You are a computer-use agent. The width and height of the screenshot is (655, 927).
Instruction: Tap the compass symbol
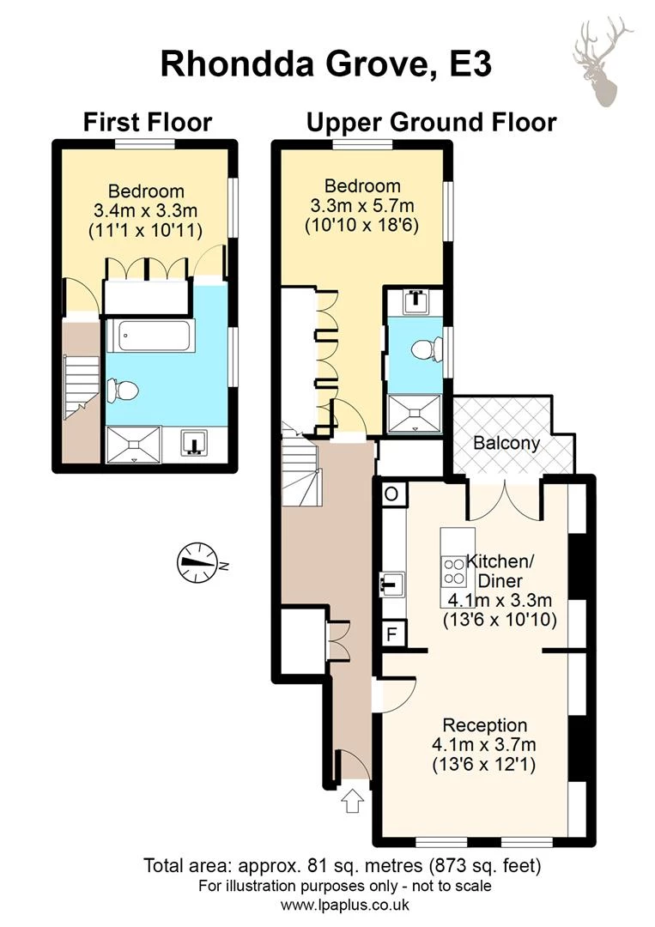197,562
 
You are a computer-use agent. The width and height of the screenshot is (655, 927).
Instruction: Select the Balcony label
506,444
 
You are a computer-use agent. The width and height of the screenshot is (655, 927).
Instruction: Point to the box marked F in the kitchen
391,635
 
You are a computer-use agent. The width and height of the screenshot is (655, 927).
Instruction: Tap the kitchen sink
391,585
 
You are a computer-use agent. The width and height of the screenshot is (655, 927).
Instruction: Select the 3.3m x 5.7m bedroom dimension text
361,206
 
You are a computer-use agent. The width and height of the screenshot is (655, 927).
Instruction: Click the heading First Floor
147,123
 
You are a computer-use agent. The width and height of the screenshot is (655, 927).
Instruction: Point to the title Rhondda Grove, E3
326,64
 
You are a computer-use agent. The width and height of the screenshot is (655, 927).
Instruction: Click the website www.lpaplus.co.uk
345,905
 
